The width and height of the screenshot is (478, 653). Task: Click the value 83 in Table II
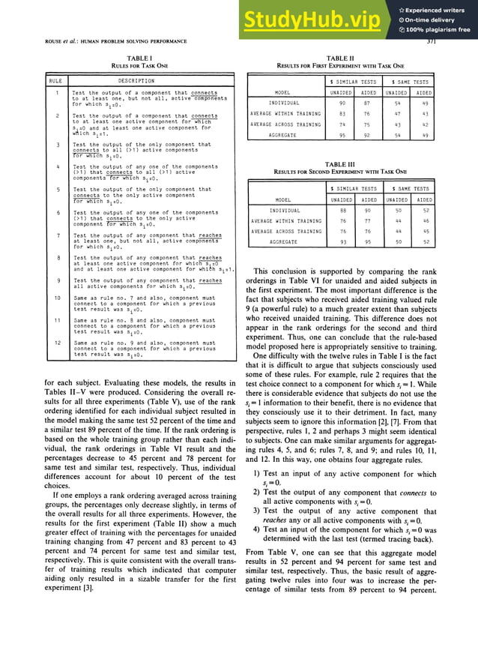click(x=342, y=113)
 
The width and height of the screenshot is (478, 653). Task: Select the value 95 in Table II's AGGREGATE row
click(x=342, y=135)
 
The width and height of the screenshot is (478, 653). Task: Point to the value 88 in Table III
click(x=342, y=211)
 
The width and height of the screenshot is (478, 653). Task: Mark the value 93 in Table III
click(x=342, y=242)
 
